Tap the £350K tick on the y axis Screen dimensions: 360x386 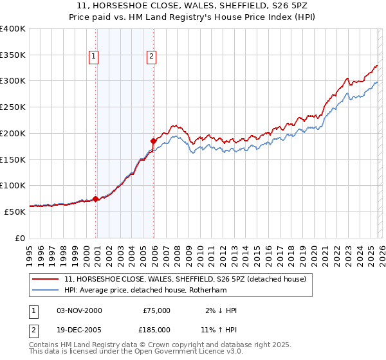click(13, 55)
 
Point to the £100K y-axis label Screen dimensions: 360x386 click(13, 185)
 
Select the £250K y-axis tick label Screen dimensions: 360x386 click(13, 107)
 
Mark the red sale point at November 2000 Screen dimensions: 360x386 click(96, 199)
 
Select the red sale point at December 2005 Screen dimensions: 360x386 click(154, 140)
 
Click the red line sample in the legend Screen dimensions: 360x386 click(46, 279)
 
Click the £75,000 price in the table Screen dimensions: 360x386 click(155, 310)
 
